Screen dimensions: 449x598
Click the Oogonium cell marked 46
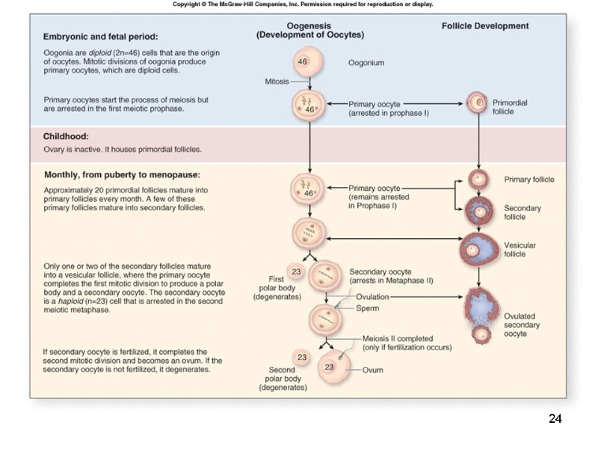[x=303, y=61]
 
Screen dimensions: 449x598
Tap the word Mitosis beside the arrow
[x=277, y=81]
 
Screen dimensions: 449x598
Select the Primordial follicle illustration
[x=476, y=103]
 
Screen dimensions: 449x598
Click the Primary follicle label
[x=529, y=180]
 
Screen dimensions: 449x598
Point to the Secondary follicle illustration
[x=476, y=211]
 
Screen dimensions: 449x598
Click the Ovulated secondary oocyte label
[x=521, y=325]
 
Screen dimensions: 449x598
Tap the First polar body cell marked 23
[x=295, y=272]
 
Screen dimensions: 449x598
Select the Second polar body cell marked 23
[x=302, y=357]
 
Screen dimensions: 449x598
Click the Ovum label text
[x=373, y=370]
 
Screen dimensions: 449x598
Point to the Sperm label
[x=367, y=308]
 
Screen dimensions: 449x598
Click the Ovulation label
[x=372, y=297]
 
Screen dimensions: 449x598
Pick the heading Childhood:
[x=66, y=137]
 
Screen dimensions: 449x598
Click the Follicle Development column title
[x=485, y=25]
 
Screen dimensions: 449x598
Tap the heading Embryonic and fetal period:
[x=101, y=35]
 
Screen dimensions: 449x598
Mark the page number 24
[x=555, y=418]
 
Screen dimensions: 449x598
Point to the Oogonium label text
[x=366, y=63]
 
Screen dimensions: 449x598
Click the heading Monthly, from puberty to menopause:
[x=121, y=175]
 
